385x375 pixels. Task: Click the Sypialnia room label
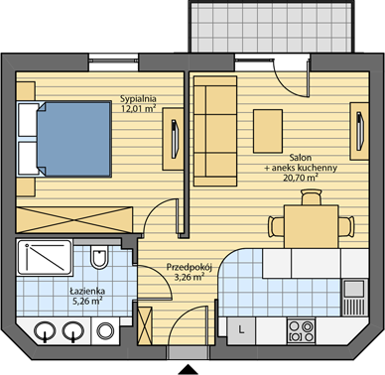click(138, 98)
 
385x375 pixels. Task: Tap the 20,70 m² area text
click(301, 178)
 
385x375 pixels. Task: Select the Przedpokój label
click(190, 267)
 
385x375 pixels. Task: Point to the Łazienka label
click(87, 292)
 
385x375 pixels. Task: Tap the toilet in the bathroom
click(99, 256)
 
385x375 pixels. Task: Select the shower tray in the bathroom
click(45, 257)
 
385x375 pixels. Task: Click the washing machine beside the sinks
click(104, 330)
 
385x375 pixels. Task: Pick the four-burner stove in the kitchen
click(301, 331)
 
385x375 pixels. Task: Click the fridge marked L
click(241, 330)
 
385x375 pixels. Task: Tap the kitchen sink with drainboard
click(354, 298)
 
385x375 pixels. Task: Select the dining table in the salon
click(312, 226)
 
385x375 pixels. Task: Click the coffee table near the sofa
click(268, 131)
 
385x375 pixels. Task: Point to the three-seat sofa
click(215, 131)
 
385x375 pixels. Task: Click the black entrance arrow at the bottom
click(189, 370)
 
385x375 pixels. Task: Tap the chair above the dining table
click(312, 197)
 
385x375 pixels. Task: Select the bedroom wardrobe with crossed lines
click(74, 219)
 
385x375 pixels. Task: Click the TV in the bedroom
click(175, 139)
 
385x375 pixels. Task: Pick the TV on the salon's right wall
click(360, 131)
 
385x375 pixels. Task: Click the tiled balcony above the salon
click(271, 27)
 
